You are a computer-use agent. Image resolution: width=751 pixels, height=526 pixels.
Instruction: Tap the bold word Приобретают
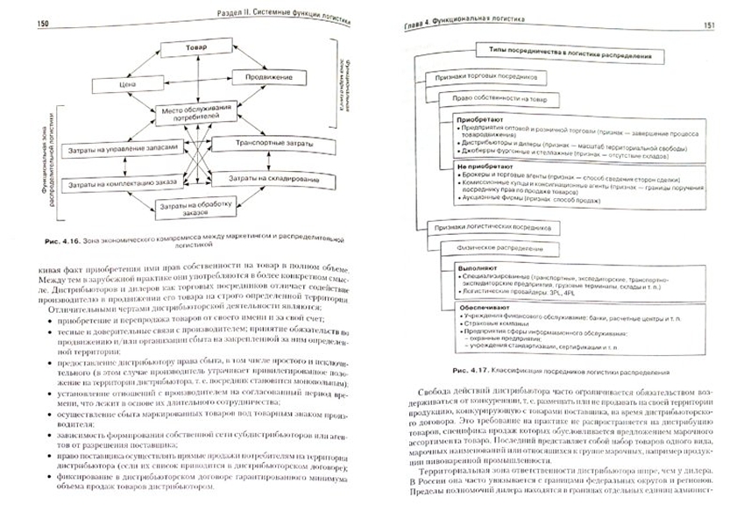click(482, 117)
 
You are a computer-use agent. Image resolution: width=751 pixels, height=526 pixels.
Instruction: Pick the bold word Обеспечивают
click(484, 295)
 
